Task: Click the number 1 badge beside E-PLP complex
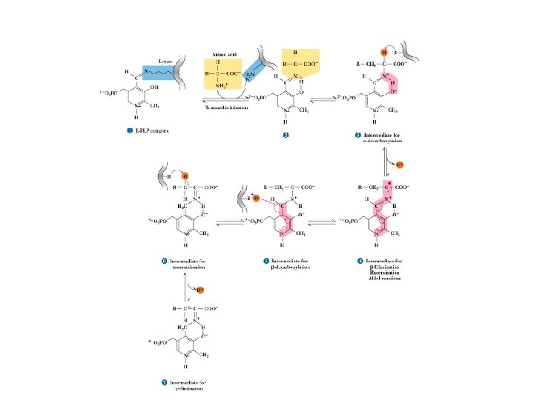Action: click(x=130, y=131)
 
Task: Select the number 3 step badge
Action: click(x=358, y=136)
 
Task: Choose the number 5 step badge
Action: click(x=266, y=261)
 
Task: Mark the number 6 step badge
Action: click(x=163, y=261)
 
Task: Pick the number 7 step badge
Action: click(x=163, y=383)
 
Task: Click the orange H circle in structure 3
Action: click(x=383, y=53)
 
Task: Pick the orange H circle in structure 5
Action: click(x=257, y=199)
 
